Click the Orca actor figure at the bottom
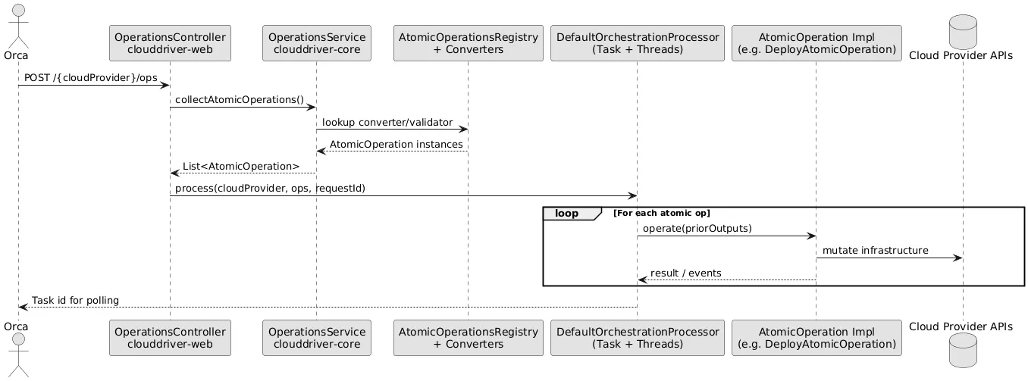click(18, 352)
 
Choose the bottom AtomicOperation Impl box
click(816, 337)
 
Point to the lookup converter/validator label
click(387, 122)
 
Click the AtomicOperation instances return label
click(396, 144)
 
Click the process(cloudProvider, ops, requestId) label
click(270, 188)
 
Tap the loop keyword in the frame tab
click(567, 214)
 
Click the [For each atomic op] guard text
click(661, 214)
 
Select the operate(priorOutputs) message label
click(697, 229)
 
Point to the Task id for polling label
click(75, 300)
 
